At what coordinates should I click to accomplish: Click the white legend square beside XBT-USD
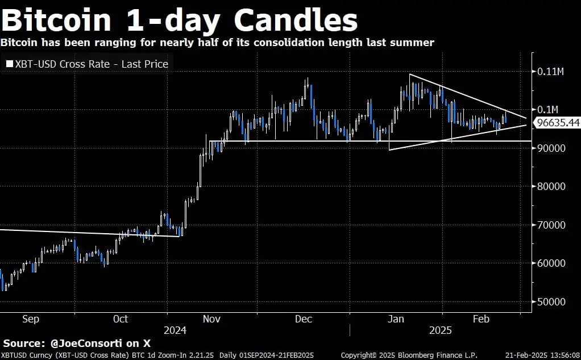(9, 64)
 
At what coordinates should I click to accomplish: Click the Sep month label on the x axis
(31, 319)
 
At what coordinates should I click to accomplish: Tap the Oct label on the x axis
(121, 319)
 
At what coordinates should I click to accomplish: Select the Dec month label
(304, 319)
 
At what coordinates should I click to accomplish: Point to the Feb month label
(481, 319)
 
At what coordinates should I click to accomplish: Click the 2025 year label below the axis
(441, 330)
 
